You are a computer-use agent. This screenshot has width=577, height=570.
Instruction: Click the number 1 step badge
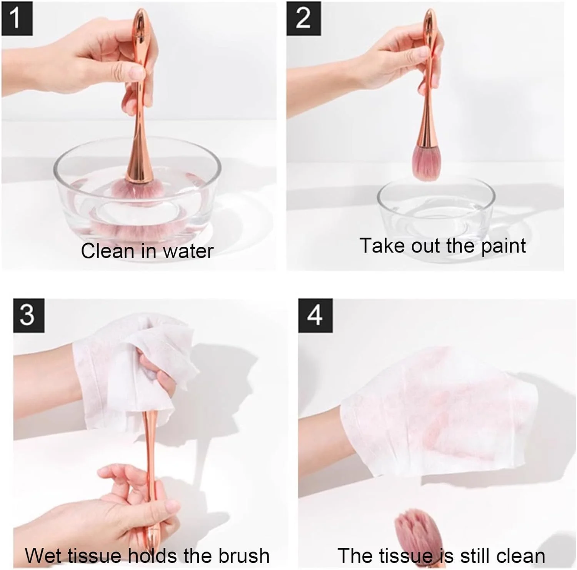[17, 18]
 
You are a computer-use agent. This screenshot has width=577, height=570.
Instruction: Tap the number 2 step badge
[304, 18]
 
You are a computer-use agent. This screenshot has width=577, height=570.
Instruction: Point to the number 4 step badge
[315, 315]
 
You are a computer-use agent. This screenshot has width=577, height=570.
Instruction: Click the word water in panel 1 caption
[188, 251]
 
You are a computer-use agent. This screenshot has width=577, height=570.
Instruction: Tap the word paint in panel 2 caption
[504, 246]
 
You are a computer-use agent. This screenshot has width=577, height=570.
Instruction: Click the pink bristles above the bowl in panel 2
[426, 163]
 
